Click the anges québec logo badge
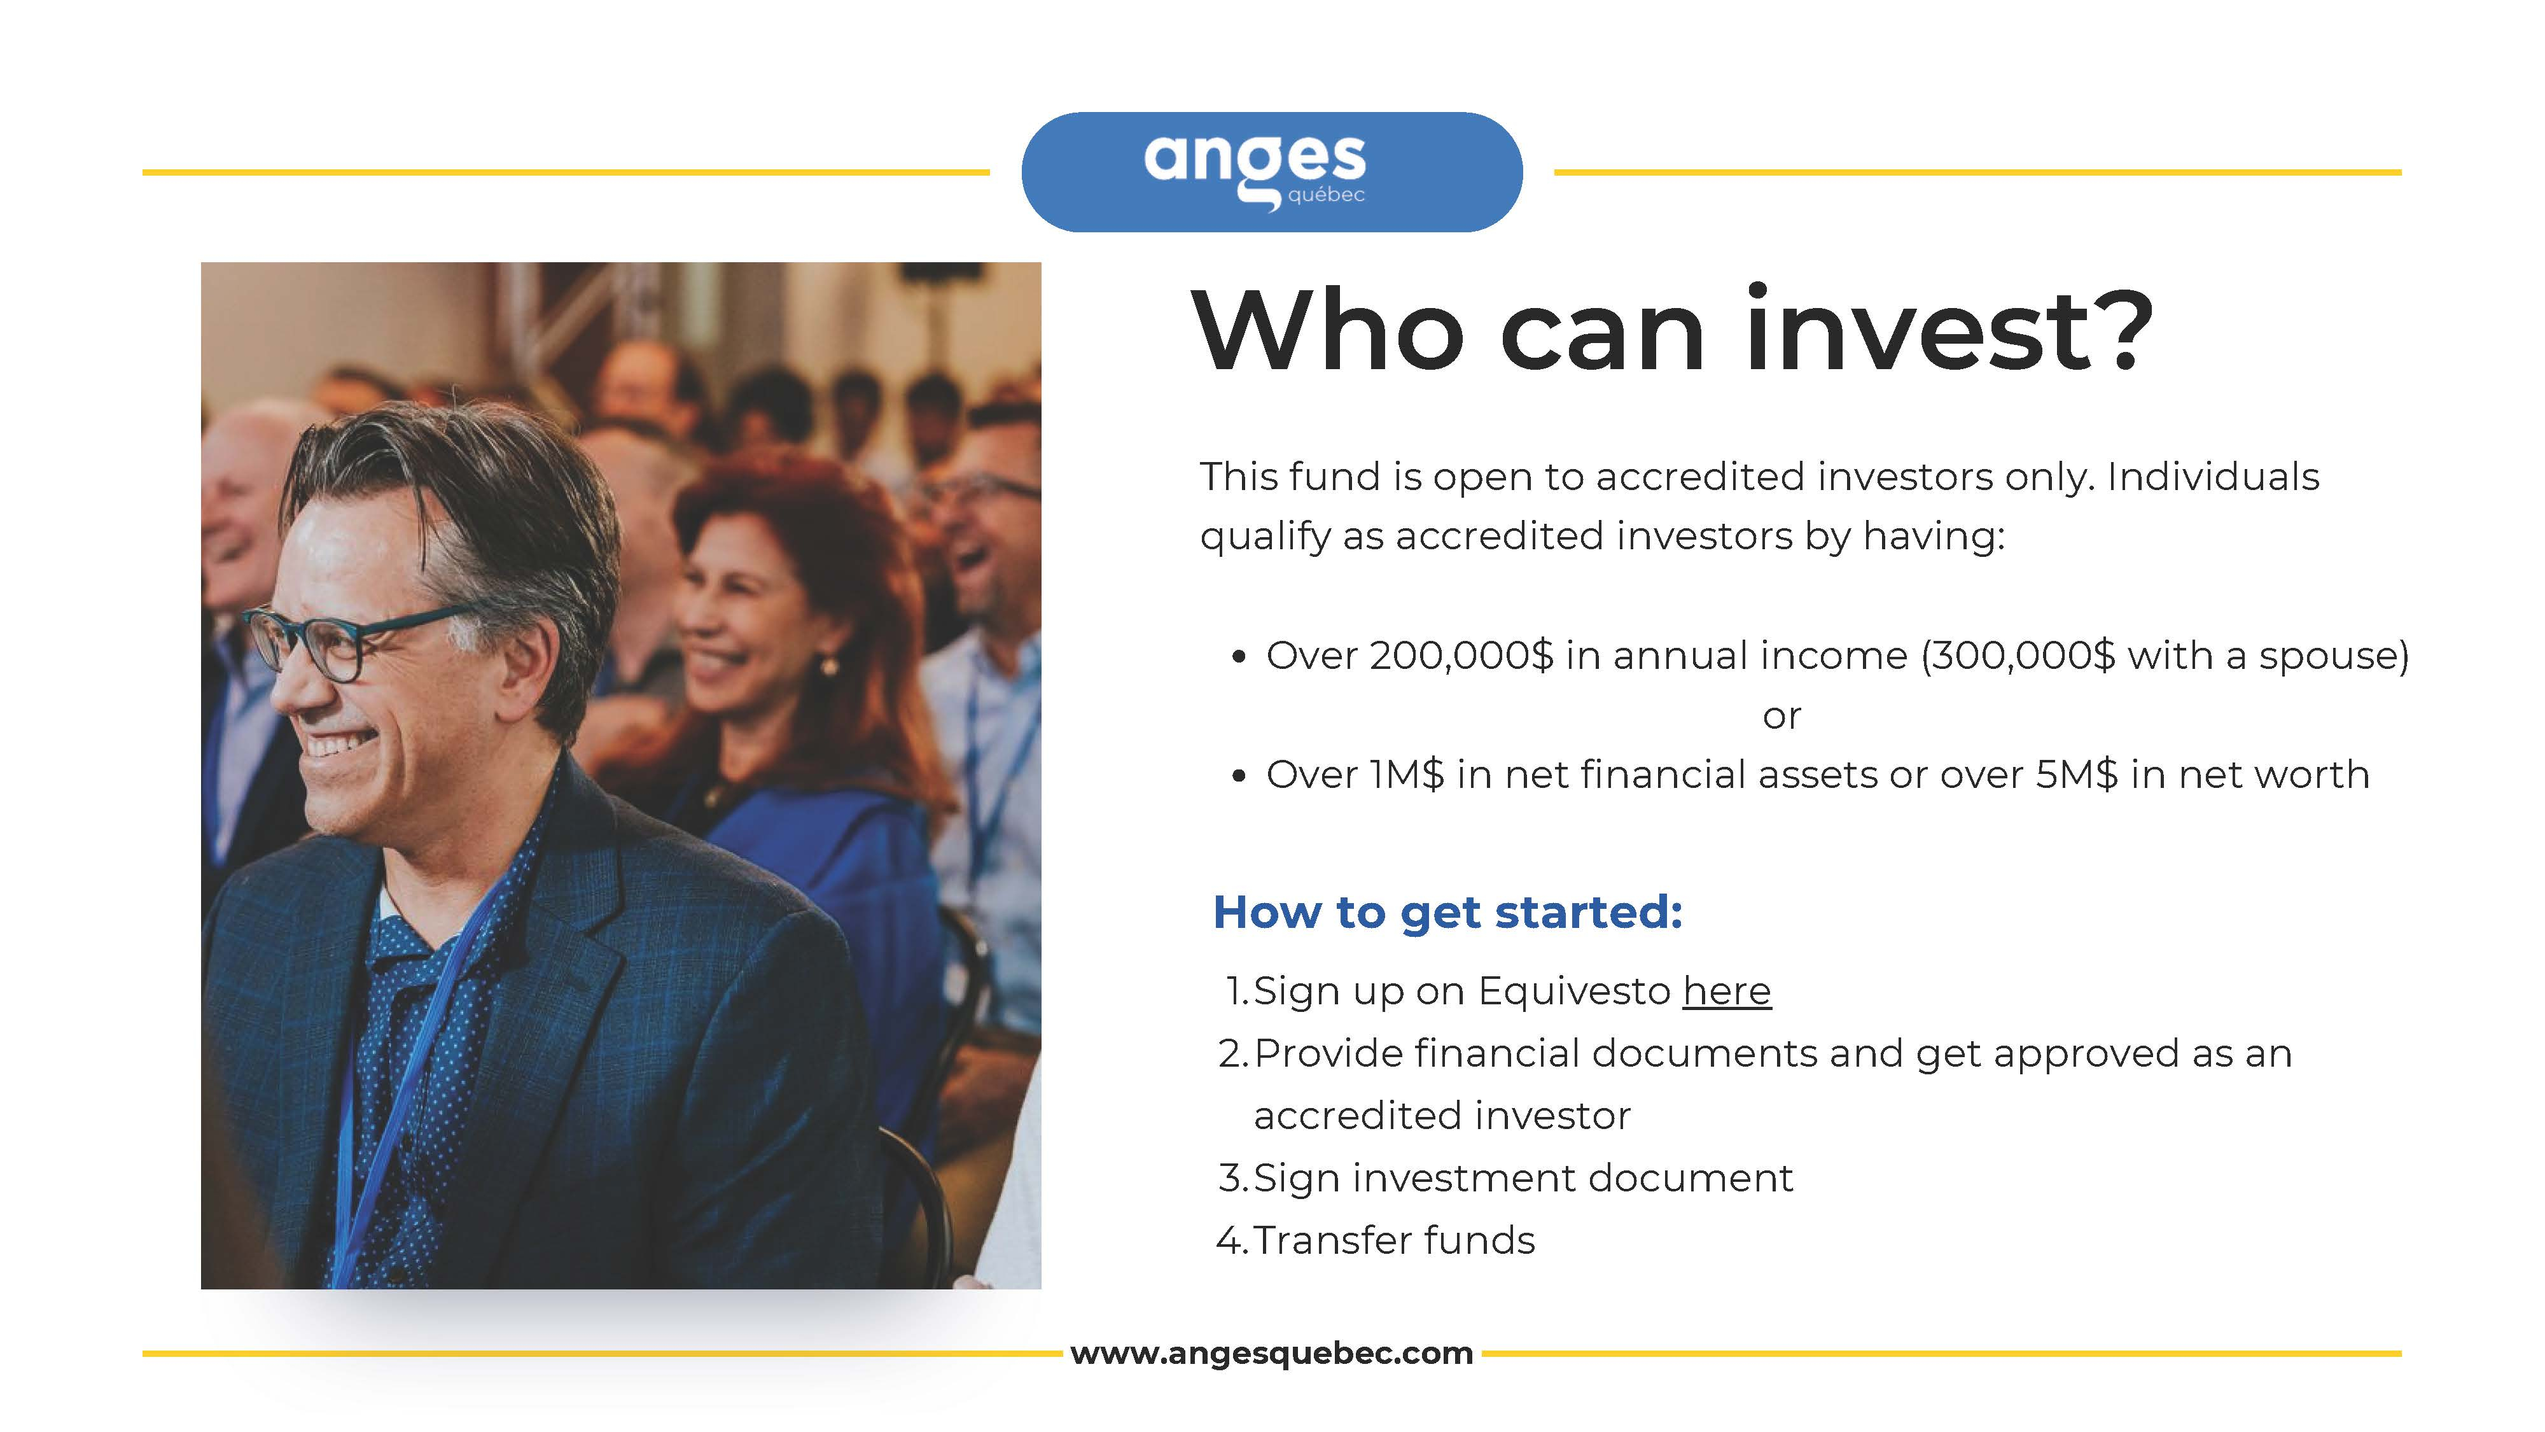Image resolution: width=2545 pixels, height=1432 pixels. [x=1271, y=172]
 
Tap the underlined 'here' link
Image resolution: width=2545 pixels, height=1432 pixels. [x=1727, y=990]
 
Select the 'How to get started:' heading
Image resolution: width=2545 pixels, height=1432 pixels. [x=1447, y=912]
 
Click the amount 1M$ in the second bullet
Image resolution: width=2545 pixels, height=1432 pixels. [x=1407, y=775]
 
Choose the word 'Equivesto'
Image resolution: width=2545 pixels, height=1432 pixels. [x=1574, y=991]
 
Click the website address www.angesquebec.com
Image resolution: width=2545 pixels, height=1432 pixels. [x=1271, y=1353]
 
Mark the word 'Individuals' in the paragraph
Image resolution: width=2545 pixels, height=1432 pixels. [x=2213, y=476]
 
